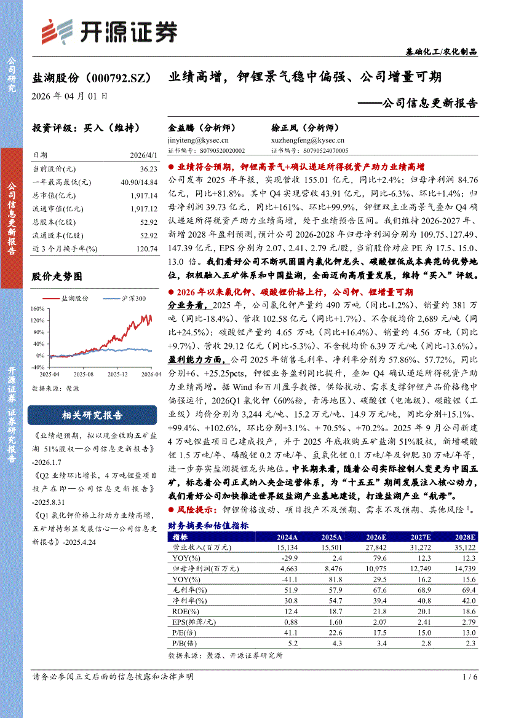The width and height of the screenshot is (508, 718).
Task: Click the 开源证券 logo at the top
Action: coord(108,31)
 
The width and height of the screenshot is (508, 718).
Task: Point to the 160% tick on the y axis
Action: coord(38,308)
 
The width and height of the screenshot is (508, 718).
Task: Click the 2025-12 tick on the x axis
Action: coord(117,374)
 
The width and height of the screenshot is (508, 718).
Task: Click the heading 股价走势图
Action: coord(57,277)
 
